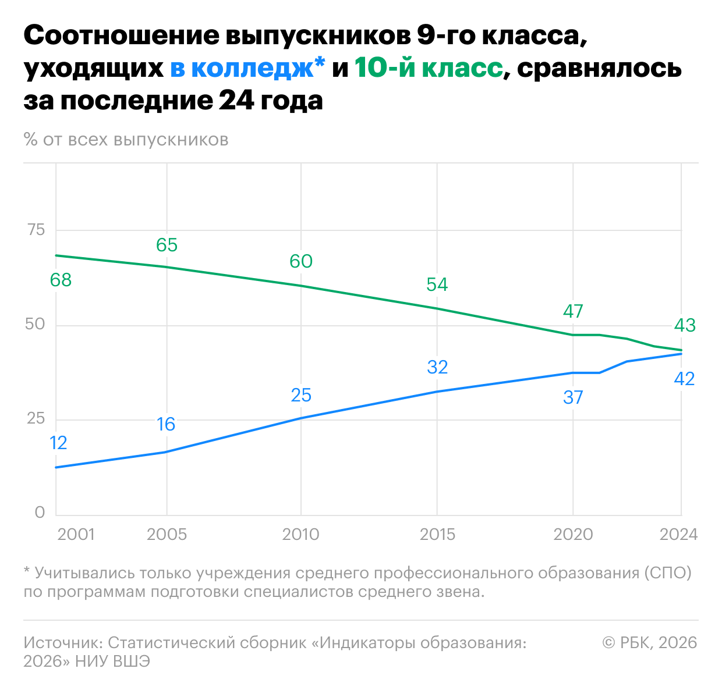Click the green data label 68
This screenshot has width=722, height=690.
61,280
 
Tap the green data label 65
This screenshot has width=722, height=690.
167,245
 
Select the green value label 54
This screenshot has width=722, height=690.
437,284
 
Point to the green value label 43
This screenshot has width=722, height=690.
684,325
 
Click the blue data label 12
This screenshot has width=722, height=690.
58,443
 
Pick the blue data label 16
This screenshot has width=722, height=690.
166,424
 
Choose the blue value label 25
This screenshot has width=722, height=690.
301,396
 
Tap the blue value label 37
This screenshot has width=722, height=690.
573,397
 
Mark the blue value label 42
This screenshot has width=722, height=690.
684,379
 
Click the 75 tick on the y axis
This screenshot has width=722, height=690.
36,230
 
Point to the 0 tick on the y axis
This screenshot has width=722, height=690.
40,513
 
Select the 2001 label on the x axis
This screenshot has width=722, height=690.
76,535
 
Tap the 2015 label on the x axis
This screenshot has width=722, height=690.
437,535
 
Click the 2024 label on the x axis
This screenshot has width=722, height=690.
678,535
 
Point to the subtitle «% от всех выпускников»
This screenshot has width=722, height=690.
126,140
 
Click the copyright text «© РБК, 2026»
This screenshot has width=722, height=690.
649,642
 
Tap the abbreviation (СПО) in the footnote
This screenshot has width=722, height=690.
668,573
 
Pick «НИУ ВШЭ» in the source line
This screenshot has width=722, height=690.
113,661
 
